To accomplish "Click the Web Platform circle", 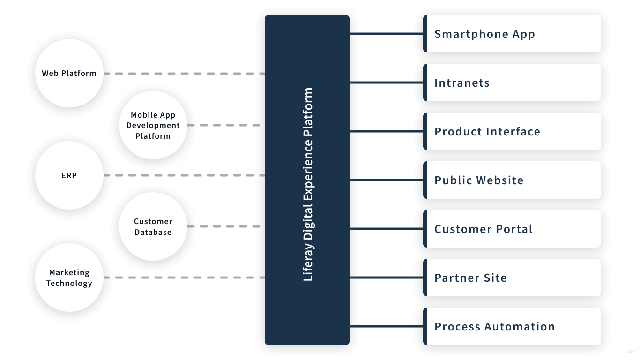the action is pyautogui.click(x=69, y=73).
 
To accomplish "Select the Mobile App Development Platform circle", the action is pyautogui.click(x=153, y=125).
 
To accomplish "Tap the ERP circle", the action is pyautogui.click(x=69, y=175).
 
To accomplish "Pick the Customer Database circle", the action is pyautogui.click(x=153, y=226).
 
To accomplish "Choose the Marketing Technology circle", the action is pyautogui.click(x=69, y=277).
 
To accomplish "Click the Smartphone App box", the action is pyautogui.click(x=512, y=34).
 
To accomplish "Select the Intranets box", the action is pyautogui.click(x=512, y=82).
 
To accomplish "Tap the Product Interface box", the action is pyautogui.click(x=512, y=131).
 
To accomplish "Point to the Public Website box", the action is pyautogui.click(x=512, y=180).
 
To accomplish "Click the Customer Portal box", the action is pyautogui.click(x=512, y=229).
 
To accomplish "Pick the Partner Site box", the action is pyautogui.click(x=512, y=277).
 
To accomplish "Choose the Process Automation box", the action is pyautogui.click(x=512, y=326).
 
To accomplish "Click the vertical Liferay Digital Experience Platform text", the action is pyautogui.click(x=308, y=184).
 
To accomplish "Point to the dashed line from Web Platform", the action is pyautogui.click(x=184, y=74).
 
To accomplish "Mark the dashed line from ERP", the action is pyautogui.click(x=184, y=175).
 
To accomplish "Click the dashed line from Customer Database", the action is pyautogui.click(x=223, y=226).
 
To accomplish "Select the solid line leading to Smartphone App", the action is pyautogui.click(x=386, y=34).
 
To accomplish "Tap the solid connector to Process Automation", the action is pyautogui.click(x=386, y=326).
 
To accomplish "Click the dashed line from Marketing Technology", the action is pyautogui.click(x=184, y=277).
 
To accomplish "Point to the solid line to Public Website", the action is pyautogui.click(x=386, y=180).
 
